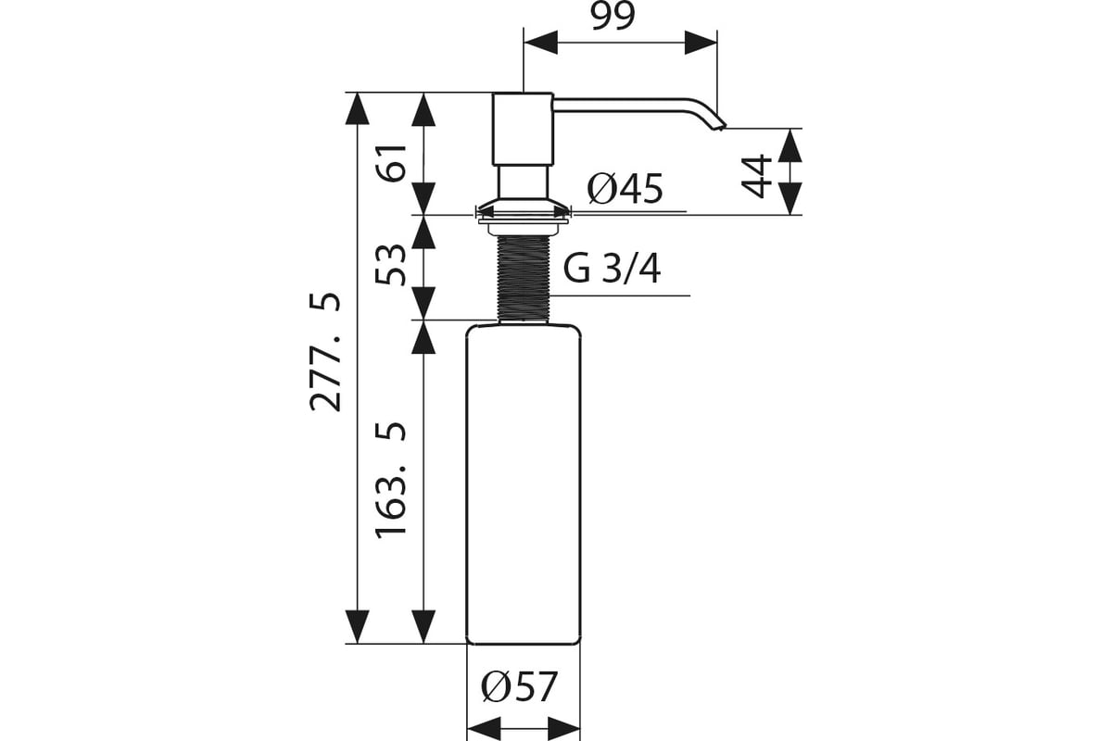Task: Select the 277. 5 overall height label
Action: pos(325,352)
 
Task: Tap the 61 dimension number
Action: pos(391,163)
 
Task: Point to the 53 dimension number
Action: pos(391,265)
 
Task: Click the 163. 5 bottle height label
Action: pos(391,480)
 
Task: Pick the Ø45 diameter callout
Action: pos(625,189)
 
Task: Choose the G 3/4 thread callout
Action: pos(612,269)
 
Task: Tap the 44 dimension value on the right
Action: pos(756,176)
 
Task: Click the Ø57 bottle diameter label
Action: pos(519,686)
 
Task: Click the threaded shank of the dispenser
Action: pos(524,279)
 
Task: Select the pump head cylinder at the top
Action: pos(523,129)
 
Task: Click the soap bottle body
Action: pos(524,484)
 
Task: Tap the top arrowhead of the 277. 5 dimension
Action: pos(357,108)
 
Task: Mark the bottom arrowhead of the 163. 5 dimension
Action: pos(423,627)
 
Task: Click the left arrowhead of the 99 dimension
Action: pos(540,43)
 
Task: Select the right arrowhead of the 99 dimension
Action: pos(701,43)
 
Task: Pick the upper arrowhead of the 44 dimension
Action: pos(790,144)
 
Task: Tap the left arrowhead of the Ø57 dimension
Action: pos(484,730)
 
